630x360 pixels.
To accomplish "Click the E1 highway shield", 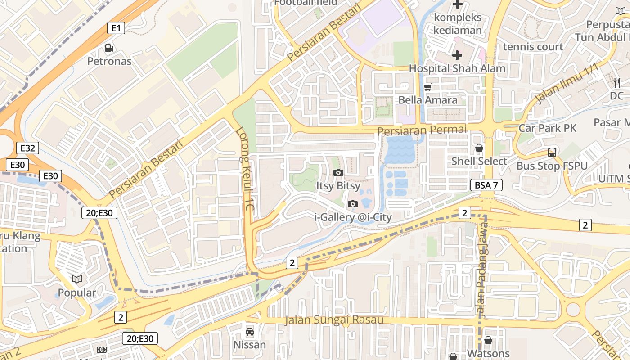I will pyautogui.click(x=116, y=28).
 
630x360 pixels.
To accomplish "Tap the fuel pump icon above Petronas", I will pyautogui.click(x=109, y=48).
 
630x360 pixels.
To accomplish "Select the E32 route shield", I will pyautogui.click(x=27, y=148).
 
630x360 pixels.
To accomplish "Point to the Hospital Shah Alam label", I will pyautogui.click(x=457, y=69).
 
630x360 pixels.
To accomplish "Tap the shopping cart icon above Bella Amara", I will pyautogui.click(x=428, y=87).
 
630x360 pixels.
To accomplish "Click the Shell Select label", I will pyautogui.click(x=479, y=161).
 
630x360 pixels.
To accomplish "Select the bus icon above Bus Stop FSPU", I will pyautogui.click(x=552, y=153).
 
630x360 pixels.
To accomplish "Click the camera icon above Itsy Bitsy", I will pyautogui.click(x=338, y=172).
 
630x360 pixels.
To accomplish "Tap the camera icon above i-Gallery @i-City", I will pyautogui.click(x=353, y=204).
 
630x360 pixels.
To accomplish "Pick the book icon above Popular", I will pyautogui.click(x=77, y=279).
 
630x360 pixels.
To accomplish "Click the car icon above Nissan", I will pyautogui.click(x=249, y=332).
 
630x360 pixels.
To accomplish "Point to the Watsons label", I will pyautogui.click(x=488, y=353).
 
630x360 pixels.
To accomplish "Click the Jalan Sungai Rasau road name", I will pyautogui.click(x=334, y=320).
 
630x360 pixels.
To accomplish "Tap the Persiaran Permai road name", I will pyautogui.click(x=422, y=130).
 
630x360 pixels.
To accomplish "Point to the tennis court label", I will pyautogui.click(x=533, y=47).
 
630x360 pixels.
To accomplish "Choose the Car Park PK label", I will pyautogui.click(x=547, y=128).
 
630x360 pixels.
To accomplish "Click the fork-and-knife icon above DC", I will pyautogui.click(x=617, y=83).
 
